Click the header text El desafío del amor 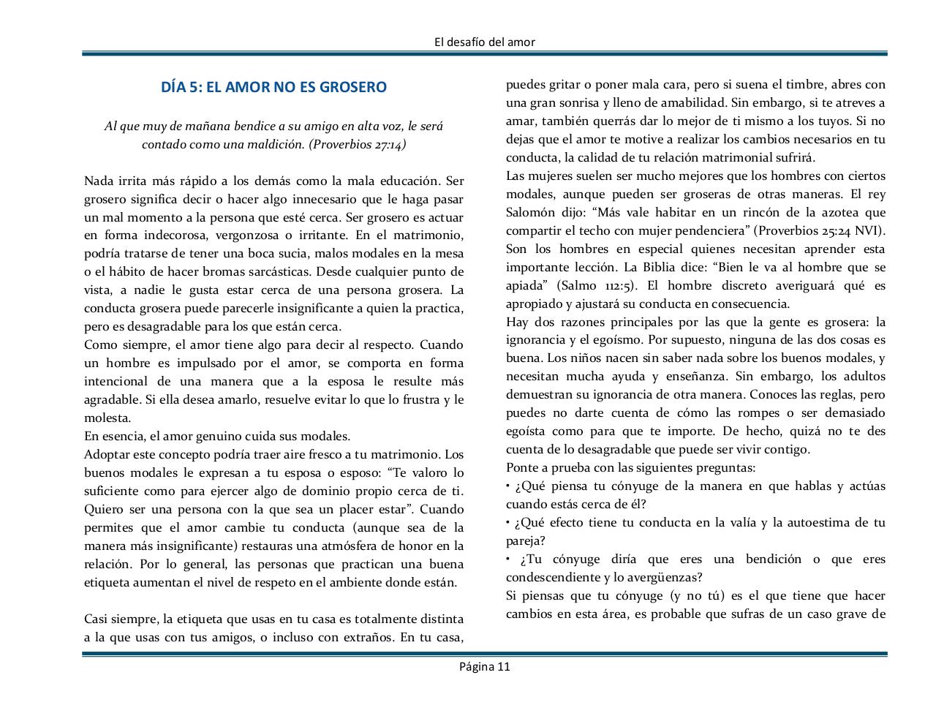484,42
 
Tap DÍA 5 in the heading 180,87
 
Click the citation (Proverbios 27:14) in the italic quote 358,144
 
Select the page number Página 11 484,666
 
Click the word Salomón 529,212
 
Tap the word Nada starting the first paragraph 98,181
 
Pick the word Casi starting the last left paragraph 97,619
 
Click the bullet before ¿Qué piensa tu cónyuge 508,486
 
